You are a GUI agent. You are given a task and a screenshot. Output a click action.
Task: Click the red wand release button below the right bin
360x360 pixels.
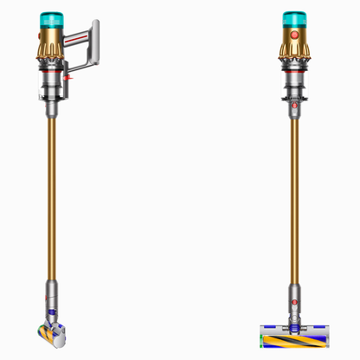(x=297, y=108)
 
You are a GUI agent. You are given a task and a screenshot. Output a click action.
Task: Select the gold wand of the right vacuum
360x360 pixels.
(x=297, y=199)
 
